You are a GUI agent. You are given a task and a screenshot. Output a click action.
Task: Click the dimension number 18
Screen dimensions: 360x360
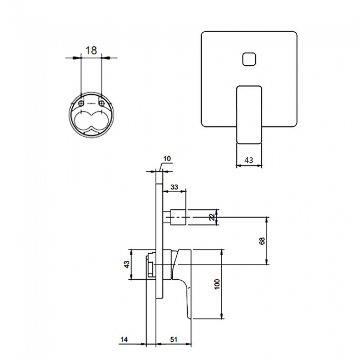point(91,50)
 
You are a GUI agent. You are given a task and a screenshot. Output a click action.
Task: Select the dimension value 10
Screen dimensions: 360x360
point(168,158)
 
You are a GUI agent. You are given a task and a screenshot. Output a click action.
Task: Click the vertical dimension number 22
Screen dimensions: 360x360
point(210,217)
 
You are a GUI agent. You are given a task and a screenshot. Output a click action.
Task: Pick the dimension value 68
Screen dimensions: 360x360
point(262,241)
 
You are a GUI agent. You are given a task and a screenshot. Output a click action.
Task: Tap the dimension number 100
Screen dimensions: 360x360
point(217,284)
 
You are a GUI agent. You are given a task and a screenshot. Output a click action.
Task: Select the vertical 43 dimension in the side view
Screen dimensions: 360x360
point(126,264)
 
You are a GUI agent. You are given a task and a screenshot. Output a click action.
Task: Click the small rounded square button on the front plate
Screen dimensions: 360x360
point(249,58)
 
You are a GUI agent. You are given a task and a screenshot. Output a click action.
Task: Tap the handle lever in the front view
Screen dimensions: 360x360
point(249,114)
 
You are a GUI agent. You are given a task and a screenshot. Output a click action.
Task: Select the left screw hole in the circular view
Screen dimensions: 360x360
point(82,103)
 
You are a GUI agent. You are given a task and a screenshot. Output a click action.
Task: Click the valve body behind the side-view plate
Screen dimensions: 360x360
point(150,269)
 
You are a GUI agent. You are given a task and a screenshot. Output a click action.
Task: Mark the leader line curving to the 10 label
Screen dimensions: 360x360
point(161,164)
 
